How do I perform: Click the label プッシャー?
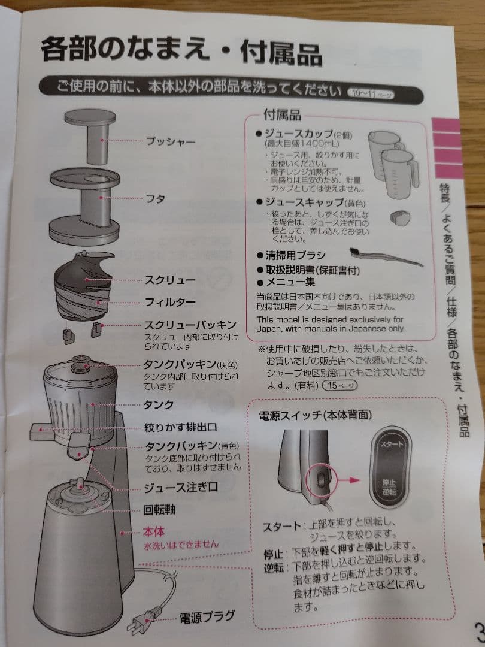pyautogui.click(x=171, y=142)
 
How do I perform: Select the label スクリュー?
pyautogui.click(x=169, y=280)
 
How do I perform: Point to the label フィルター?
pyautogui.click(x=169, y=302)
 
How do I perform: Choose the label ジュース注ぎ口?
pyautogui.click(x=180, y=487)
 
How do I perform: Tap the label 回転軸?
pyautogui.click(x=159, y=510)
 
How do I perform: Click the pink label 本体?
pyautogui.click(x=153, y=531)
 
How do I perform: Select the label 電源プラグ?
pyautogui.click(x=207, y=616)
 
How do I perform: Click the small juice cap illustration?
pyautogui.click(x=398, y=216)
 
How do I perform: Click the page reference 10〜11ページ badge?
pyautogui.click(x=371, y=93)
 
